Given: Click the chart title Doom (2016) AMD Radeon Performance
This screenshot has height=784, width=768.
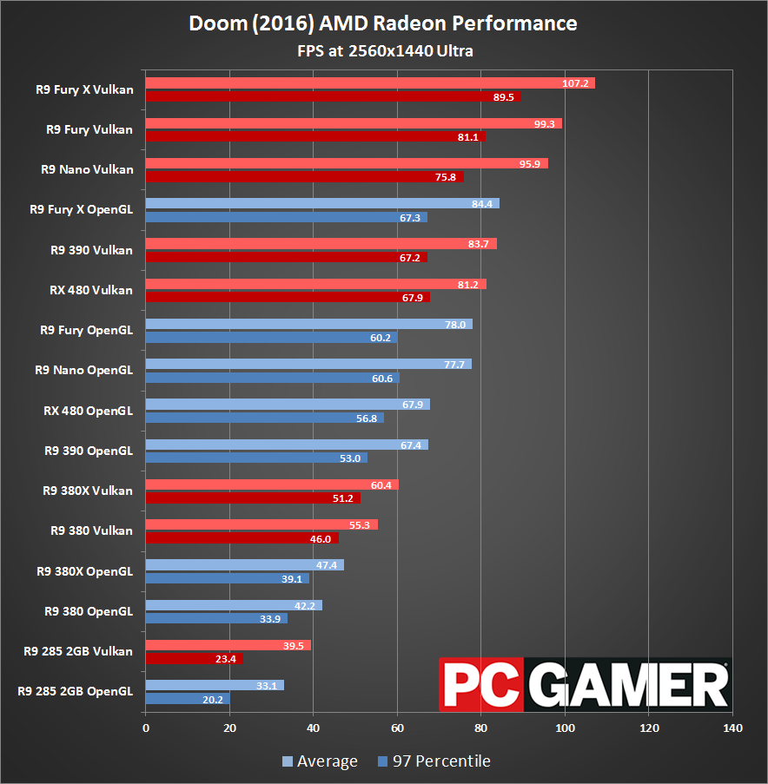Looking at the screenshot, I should coord(383,23).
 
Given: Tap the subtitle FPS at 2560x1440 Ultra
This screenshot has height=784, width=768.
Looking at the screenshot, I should coord(383,50).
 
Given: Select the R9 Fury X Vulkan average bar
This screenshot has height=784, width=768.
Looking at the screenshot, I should coord(370,83).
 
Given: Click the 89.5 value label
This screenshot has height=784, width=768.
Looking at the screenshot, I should coord(504,97).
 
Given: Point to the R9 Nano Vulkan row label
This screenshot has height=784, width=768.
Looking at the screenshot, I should coord(87,169).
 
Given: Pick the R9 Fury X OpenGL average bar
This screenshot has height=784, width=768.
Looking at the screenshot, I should coord(322,204).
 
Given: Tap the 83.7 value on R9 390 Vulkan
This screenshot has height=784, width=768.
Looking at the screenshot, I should coord(478,244).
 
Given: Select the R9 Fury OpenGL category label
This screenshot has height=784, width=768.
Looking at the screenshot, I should coord(86,330).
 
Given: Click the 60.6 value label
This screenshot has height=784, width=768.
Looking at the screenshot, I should coord(382,379).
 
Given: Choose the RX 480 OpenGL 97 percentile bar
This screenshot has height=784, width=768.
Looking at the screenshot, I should coord(264,418).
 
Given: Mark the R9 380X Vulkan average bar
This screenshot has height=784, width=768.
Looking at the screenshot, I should coord(272,484).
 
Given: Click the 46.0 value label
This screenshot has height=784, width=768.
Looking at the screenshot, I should coord(321,539).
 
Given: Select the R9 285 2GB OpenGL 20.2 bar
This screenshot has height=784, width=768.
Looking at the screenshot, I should coord(188,699).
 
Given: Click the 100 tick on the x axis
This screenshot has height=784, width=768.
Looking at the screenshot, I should coord(566,728).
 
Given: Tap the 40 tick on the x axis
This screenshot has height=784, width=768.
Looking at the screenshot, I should coord(314,728).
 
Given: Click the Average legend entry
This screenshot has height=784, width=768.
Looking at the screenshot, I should coord(320,761).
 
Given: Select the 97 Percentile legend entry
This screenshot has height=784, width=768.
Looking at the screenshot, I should coord(434,761).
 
